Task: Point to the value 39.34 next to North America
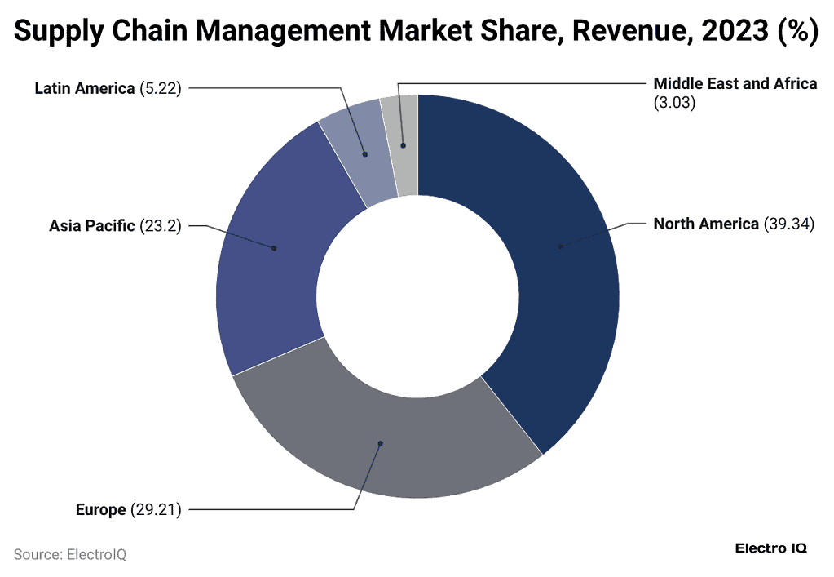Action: [x=788, y=224]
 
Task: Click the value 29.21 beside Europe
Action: [x=155, y=510]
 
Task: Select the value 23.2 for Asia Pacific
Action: [x=160, y=225]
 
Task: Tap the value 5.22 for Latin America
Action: [x=160, y=88]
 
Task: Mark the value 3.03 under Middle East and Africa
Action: [x=674, y=104]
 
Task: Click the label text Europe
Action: [x=100, y=510]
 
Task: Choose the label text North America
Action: [x=706, y=224]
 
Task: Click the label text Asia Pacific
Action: [x=92, y=225]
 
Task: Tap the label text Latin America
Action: [x=84, y=88]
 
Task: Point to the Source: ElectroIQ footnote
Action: [x=70, y=554]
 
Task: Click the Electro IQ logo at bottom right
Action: [x=770, y=548]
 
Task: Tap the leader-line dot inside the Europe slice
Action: [x=380, y=443]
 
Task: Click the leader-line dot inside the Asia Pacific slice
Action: [x=274, y=248]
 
